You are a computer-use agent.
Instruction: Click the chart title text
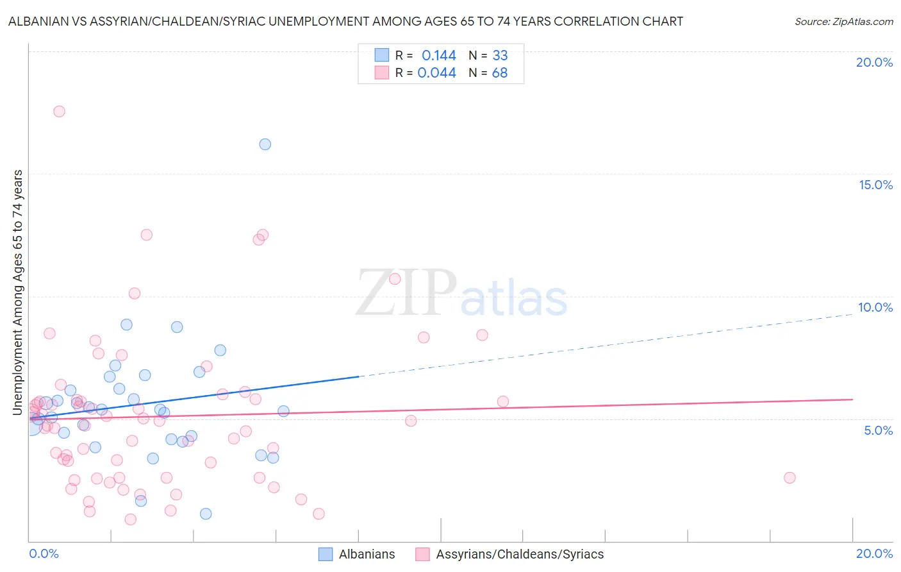tap(345, 21)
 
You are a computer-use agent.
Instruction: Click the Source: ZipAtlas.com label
tap(843, 21)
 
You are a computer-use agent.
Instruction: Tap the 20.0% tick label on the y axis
tap(874, 62)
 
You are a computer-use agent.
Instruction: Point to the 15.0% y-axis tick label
tap(875, 185)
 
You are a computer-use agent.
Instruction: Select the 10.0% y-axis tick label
tap(875, 307)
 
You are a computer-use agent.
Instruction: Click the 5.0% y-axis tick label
tap(878, 430)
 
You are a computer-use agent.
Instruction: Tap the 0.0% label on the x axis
tap(44, 553)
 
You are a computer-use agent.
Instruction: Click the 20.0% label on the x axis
tap(874, 553)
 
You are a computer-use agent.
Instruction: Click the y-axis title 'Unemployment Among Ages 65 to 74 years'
tap(18, 292)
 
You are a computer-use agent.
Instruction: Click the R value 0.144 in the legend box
tap(438, 55)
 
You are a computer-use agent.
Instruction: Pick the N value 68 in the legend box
tap(499, 73)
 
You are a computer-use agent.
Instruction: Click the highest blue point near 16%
tap(265, 144)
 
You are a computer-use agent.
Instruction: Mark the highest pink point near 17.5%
tap(59, 111)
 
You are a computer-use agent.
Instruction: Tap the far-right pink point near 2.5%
tap(789, 478)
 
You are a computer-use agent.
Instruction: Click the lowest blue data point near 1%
tap(206, 514)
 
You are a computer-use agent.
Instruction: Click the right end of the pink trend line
tap(852, 399)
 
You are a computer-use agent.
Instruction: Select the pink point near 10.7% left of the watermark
tap(395, 278)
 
